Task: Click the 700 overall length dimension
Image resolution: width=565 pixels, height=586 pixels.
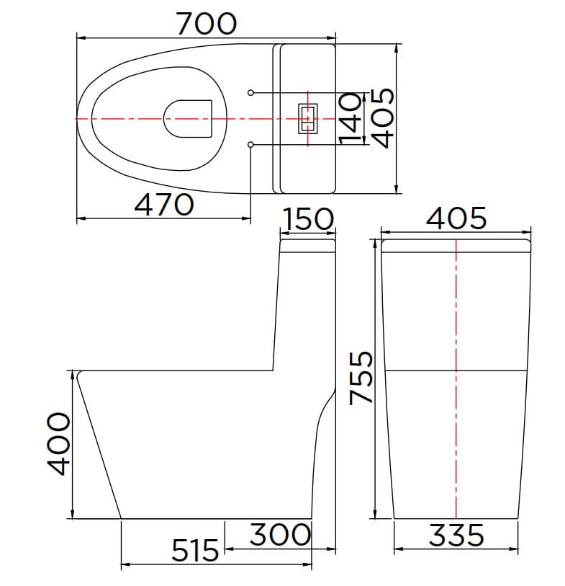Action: [207, 24]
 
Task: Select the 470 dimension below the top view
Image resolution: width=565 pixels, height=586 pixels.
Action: [164, 205]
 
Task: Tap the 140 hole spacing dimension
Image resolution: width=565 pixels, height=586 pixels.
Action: [351, 119]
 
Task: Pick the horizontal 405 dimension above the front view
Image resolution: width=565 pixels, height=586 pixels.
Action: [456, 218]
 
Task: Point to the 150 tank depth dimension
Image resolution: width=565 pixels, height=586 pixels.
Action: [307, 219]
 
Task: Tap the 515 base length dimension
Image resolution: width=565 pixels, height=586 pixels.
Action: [195, 551]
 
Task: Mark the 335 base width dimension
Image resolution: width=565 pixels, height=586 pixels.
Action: [456, 536]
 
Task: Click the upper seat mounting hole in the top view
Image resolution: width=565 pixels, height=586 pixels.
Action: [250, 92]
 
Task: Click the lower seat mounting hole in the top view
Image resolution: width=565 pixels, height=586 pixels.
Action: [250, 145]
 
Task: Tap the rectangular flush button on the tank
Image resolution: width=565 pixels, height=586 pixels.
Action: [307, 118]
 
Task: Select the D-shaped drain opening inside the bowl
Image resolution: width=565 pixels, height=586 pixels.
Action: [189, 118]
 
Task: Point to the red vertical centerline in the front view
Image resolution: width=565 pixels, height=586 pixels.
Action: [456, 432]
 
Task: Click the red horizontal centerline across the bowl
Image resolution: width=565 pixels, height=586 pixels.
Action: [130, 118]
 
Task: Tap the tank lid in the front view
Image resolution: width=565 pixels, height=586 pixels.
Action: [456, 246]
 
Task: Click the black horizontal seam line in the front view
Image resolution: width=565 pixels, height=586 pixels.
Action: [417, 370]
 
